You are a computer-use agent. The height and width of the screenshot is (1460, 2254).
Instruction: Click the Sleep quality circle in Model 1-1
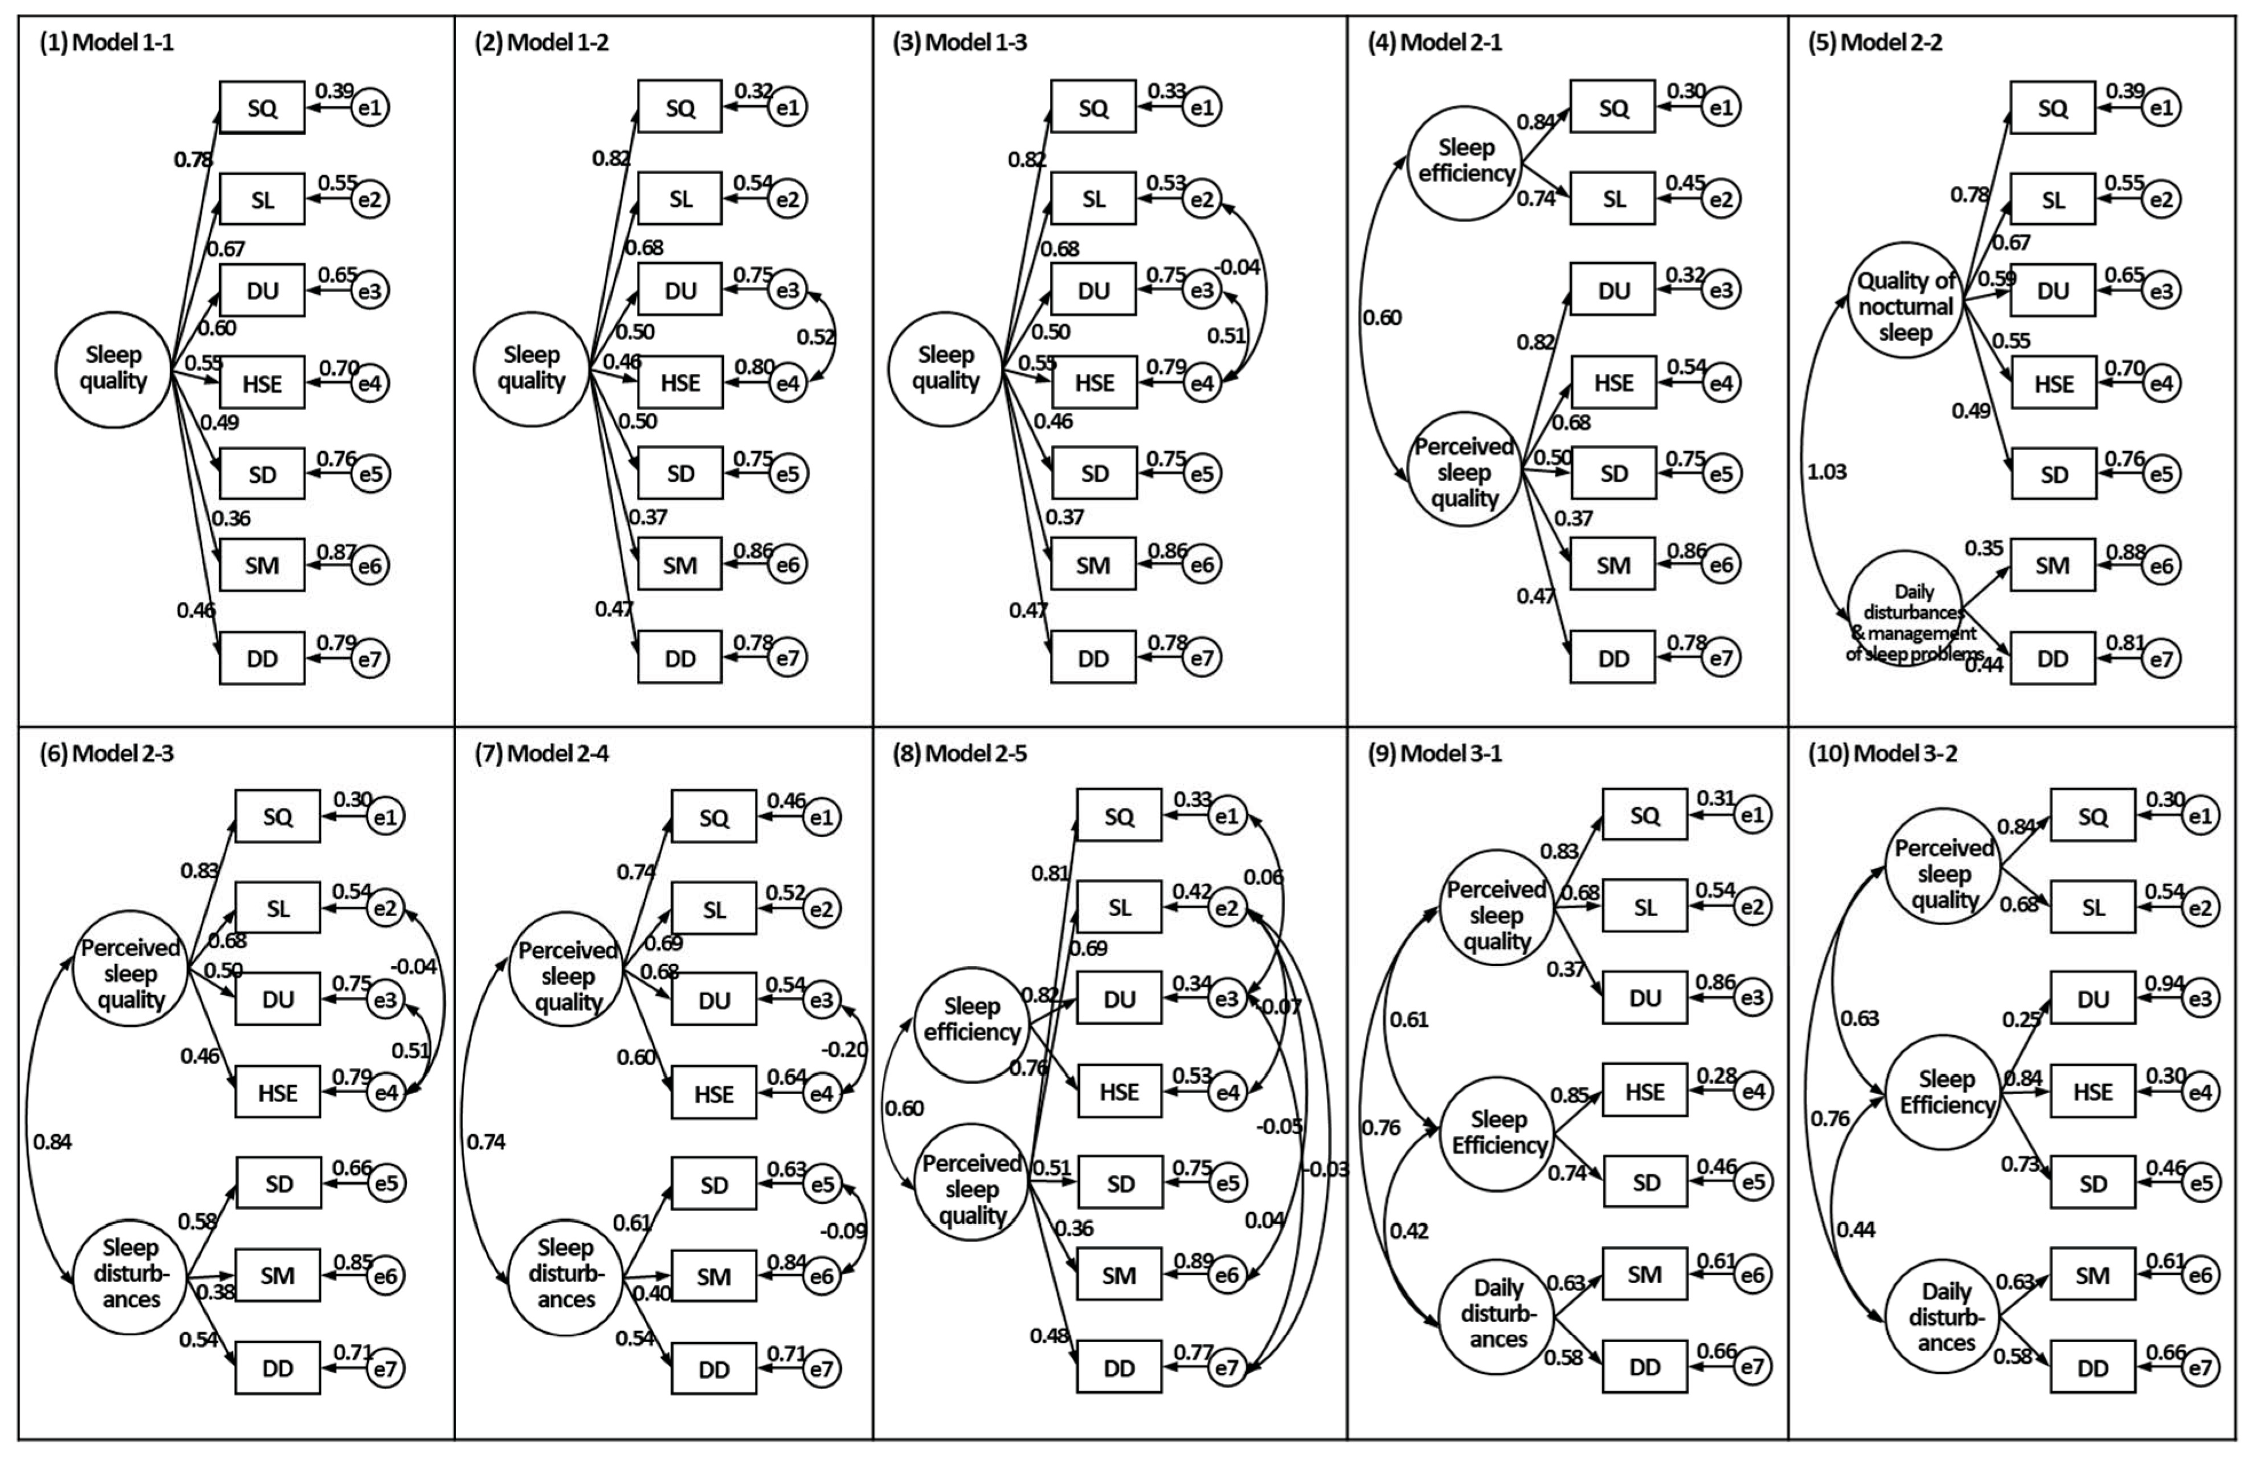point(113,369)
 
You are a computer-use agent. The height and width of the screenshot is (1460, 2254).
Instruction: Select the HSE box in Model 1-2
point(679,383)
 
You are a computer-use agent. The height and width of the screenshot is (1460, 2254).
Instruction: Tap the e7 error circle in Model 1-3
point(1201,657)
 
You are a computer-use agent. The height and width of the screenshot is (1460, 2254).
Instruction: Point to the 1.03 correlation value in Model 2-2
point(1826,472)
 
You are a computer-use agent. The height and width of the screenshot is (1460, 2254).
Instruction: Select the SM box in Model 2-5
point(1119,1275)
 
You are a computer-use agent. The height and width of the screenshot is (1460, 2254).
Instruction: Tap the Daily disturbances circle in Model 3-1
point(1498,1314)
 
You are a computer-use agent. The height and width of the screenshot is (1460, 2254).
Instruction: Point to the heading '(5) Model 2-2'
point(1874,42)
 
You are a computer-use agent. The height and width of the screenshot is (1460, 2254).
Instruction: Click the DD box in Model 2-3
point(278,1368)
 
